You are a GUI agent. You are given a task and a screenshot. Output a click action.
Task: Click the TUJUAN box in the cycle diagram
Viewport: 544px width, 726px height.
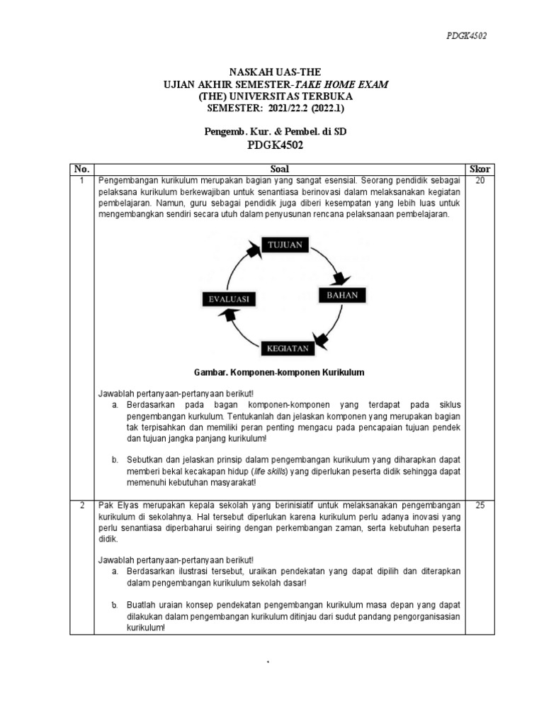pyautogui.click(x=285, y=245)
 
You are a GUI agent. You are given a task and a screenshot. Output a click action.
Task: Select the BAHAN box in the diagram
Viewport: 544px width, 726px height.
pyautogui.click(x=341, y=294)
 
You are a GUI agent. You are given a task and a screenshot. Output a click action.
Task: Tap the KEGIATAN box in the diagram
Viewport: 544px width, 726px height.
pyautogui.click(x=287, y=348)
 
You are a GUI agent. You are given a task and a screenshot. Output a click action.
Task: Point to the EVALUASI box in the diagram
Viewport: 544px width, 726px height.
pyautogui.click(x=227, y=299)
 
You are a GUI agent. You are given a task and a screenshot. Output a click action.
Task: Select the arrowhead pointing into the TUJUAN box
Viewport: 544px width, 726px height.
pyautogui.click(x=253, y=250)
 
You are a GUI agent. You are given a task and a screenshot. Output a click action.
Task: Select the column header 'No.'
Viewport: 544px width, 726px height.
pyautogui.click(x=81, y=169)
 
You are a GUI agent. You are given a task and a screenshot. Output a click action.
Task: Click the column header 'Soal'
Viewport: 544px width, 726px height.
pyautogui.click(x=280, y=169)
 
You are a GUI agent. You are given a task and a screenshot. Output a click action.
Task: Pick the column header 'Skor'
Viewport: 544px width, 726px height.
pyautogui.click(x=480, y=169)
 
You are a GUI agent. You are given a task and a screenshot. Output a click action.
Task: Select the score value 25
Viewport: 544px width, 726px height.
pyautogui.click(x=480, y=505)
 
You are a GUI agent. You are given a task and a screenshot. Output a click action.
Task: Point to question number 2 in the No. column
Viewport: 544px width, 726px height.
pyautogui.click(x=81, y=505)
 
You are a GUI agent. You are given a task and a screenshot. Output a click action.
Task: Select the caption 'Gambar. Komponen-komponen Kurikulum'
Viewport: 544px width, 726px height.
pyautogui.click(x=279, y=372)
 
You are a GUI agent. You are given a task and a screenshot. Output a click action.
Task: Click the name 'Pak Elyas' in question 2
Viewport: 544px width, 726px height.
pyautogui.click(x=117, y=505)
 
